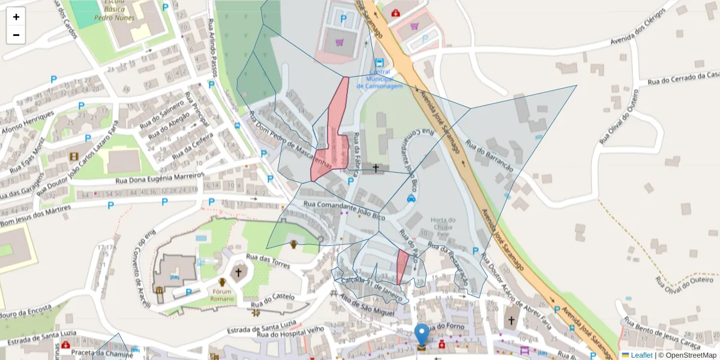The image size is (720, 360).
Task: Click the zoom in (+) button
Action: click(16, 17)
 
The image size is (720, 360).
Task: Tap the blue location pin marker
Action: click(422, 335)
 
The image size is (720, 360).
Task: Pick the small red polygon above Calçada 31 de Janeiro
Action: click(402, 266)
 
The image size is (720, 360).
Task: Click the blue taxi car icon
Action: click(411, 198)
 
